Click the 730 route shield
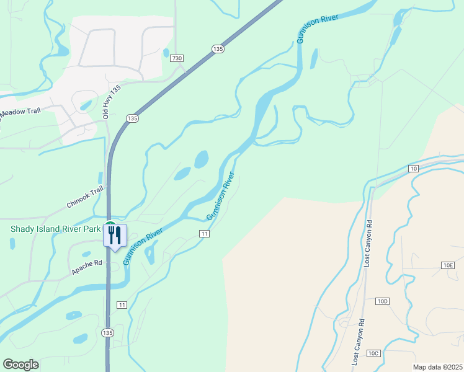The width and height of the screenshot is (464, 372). [x=177, y=58]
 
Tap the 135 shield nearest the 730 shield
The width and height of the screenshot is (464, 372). [x=217, y=49]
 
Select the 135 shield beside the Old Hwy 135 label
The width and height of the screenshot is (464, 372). [x=132, y=118]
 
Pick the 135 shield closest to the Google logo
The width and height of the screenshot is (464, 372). [x=108, y=332]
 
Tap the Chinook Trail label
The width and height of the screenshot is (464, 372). [x=84, y=199]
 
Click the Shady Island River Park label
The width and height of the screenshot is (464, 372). [x=55, y=229]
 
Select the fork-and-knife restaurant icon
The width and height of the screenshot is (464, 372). [x=115, y=236]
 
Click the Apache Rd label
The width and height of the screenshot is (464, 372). [x=86, y=268]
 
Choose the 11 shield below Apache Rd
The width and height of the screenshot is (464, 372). [x=122, y=304]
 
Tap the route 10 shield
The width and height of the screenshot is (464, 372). [x=414, y=169]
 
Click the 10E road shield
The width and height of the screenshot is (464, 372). [x=448, y=265]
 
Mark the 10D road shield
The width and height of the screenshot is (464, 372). [x=382, y=301]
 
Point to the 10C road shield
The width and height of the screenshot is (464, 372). [x=373, y=353]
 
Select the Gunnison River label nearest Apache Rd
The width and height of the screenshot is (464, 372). [x=143, y=246]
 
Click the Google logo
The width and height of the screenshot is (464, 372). [x=20, y=365]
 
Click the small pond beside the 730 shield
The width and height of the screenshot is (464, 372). [x=166, y=53]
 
